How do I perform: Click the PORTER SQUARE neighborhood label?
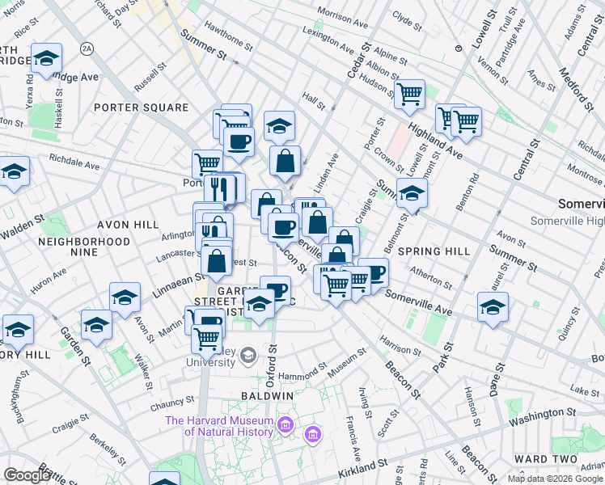pos(141,108)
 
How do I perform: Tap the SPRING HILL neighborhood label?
pos(434,251)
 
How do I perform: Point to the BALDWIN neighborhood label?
pos(267,396)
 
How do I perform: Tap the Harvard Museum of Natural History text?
pos(219,426)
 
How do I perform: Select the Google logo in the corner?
pos(27,475)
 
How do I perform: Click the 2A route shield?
pos(87,49)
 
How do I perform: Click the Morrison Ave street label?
pos(346,15)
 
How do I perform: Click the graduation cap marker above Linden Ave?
pos(279,125)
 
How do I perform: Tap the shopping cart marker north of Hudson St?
pos(410,93)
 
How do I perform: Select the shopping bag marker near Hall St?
pos(285,161)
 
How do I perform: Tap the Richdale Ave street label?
pos(74,162)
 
